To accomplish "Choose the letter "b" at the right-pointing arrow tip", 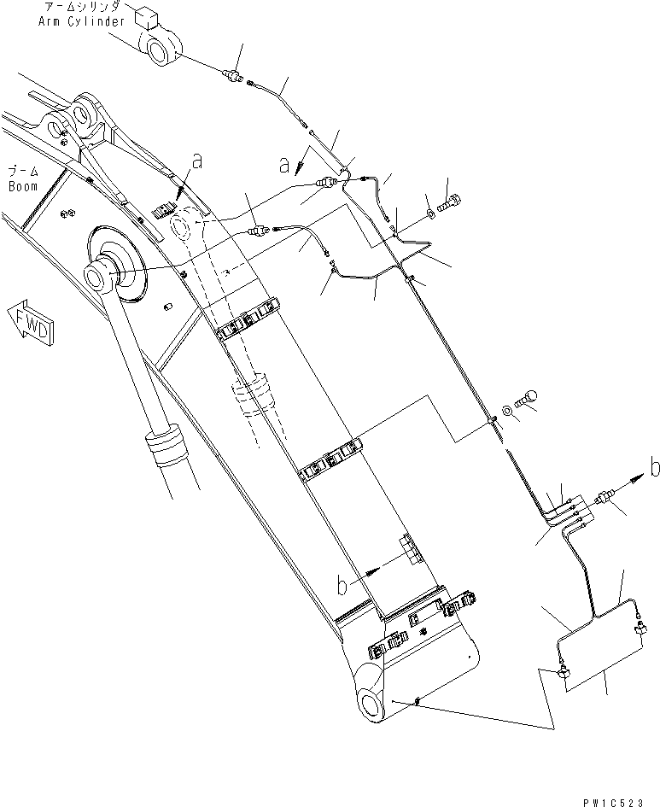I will [654, 466].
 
